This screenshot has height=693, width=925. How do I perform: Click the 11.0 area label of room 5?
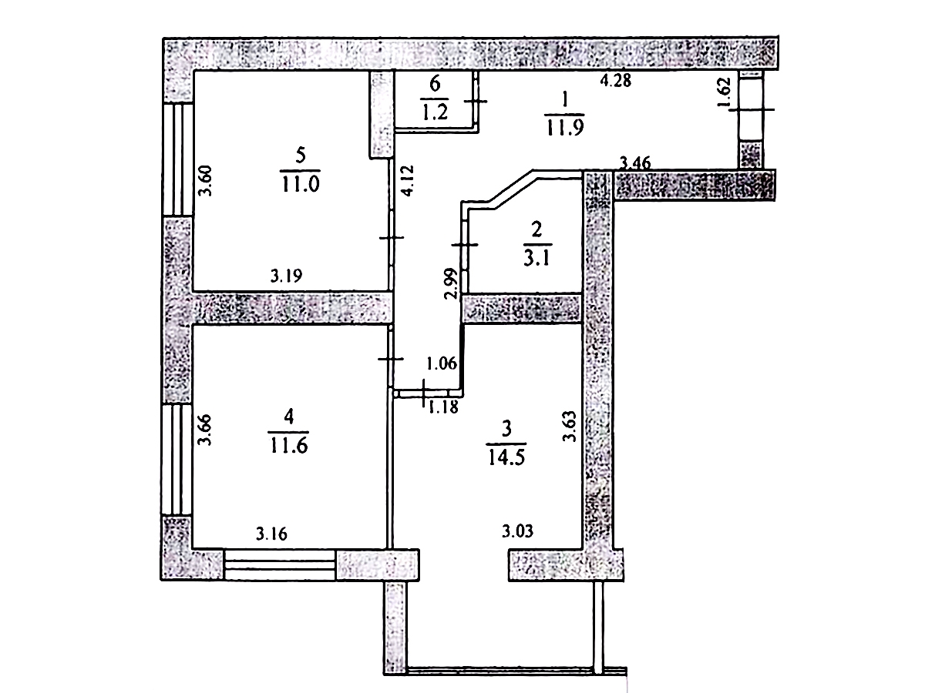(301, 183)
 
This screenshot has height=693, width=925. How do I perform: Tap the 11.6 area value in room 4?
(288, 445)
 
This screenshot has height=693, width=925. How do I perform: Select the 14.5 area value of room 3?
(506, 457)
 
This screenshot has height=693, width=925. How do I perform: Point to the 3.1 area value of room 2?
(536, 257)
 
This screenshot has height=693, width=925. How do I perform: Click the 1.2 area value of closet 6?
(435, 112)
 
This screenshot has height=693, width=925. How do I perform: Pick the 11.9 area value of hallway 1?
(565, 127)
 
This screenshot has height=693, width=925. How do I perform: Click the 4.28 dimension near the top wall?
(616, 80)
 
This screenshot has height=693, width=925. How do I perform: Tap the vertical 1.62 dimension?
(724, 93)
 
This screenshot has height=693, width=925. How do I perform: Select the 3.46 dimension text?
(635, 162)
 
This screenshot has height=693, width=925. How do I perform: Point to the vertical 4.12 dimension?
(409, 180)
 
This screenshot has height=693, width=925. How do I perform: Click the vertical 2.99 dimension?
(450, 283)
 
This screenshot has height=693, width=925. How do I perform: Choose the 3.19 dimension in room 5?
(286, 276)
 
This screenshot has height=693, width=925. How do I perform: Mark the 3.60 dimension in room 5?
(206, 180)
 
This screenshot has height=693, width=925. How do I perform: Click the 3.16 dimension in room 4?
(272, 534)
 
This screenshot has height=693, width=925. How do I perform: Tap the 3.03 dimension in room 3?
(517, 531)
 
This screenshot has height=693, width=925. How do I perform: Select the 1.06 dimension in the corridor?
(442, 363)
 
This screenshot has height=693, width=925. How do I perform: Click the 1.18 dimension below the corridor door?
(443, 407)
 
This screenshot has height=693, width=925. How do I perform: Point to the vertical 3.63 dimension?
(570, 426)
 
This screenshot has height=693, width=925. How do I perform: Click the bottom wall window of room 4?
(279, 564)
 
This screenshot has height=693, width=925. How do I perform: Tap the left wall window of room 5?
(178, 159)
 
